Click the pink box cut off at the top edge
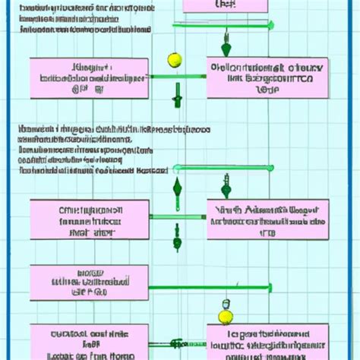pyautogui.click(x=225, y=5)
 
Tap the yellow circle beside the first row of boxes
pyautogui.click(x=173, y=59)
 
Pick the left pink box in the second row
pyautogui.click(x=90, y=219)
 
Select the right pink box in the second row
pyautogui.click(x=268, y=219)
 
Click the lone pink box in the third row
pyautogui.click(x=90, y=283)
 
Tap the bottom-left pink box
pyautogui.click(x=90, y=342)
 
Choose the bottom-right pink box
pyautogui.click(x=268, y=342)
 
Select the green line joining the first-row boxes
pyautogui.click(x=178, y=76)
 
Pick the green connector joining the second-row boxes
pyautogui.click(x=178, y=216)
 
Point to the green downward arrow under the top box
pyautogui.click(x=225, y=38)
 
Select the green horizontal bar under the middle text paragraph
pyautogui.click(x=222, y=167)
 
